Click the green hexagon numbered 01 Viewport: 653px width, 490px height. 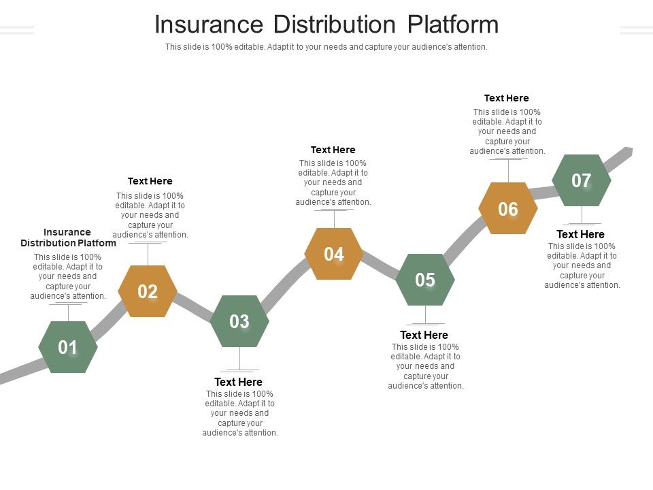tap(68, 347)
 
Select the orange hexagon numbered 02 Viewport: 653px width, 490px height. tap(148, 291)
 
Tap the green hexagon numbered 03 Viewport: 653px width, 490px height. tap(239, 321)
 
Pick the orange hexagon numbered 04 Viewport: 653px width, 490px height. tap(334, 254)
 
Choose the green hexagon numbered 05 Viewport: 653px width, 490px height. tap(425, 280)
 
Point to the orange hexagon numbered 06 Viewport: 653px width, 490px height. tap(508, 209)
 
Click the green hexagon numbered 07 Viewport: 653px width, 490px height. tap(582, 180)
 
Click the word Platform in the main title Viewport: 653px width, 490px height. tap(453, 24)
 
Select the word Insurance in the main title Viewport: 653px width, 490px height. tap(209, 24)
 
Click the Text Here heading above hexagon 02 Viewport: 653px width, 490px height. tap(150, 181)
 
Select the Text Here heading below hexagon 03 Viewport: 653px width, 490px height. tap(238, 382)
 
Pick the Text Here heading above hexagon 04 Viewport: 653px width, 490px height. tap(333, 150)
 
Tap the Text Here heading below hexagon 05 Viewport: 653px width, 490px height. tap(424, 335)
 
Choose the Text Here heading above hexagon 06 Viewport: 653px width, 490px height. tap(507, 98)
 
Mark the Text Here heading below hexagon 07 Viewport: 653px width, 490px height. tap(581, 234)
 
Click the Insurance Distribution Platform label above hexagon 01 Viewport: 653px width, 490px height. tap(68, 238)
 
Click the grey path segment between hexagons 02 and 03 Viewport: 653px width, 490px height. tap(193, 306)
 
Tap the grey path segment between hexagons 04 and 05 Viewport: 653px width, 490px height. tap(380, 266)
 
